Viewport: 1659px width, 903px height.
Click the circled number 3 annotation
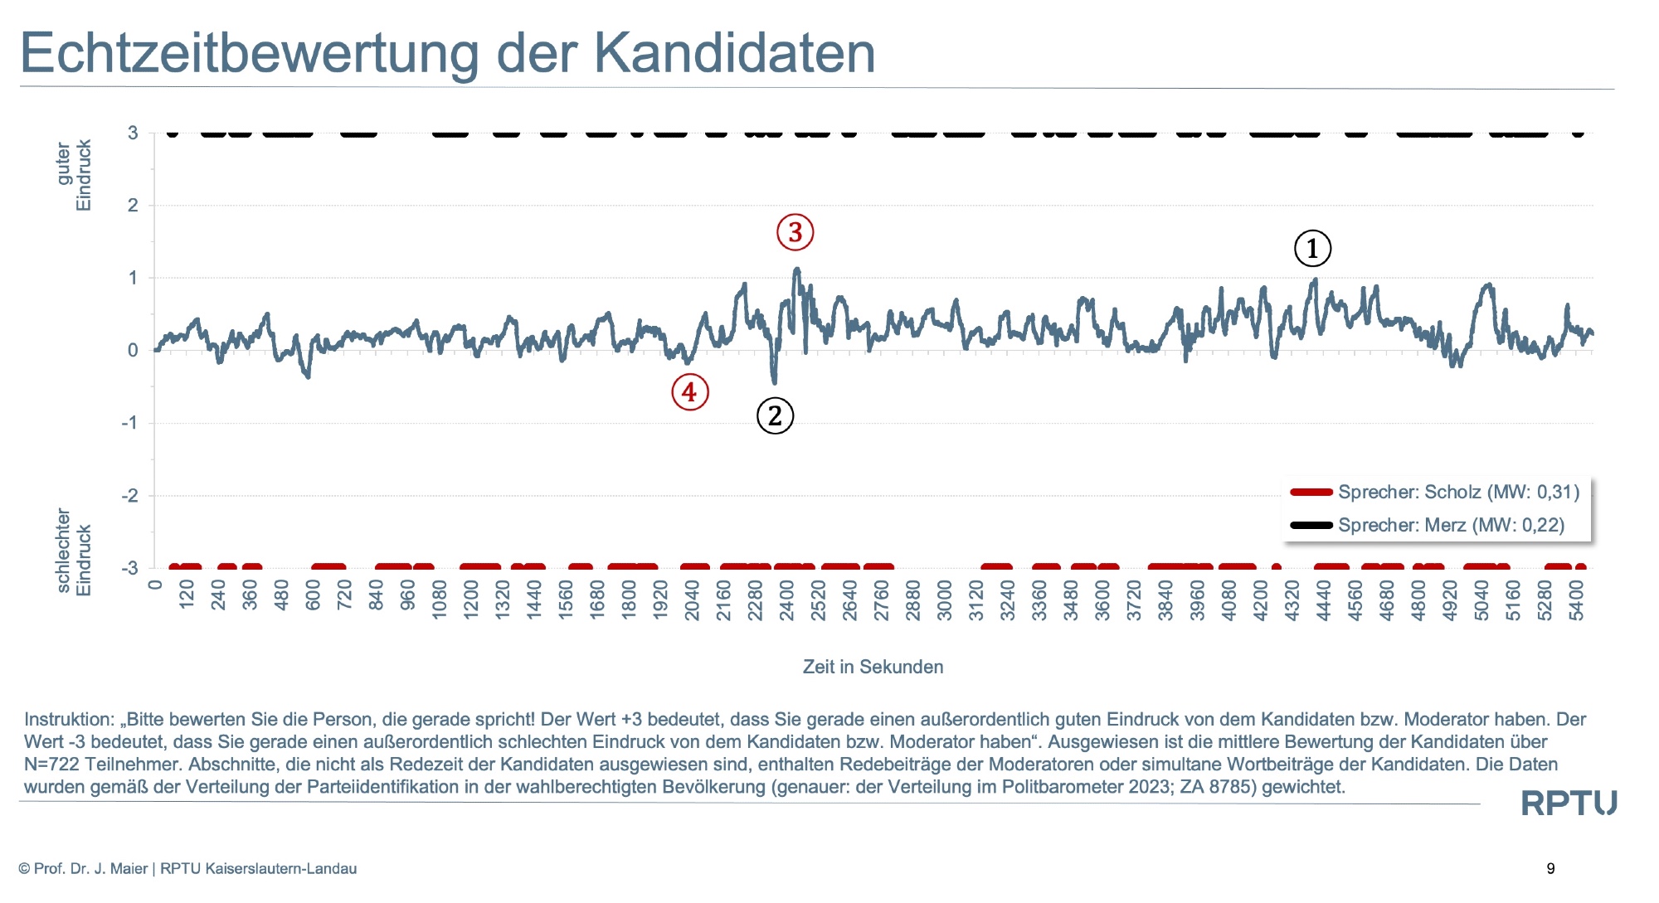pyautogui.click(x=795, y=232)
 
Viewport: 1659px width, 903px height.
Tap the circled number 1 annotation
pyautogui.click(x=1312, y=248)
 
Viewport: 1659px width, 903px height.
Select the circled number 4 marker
pyautogui.click(x=689, y=392)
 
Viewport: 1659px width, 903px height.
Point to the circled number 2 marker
pyautogui.click(x=775, y=415)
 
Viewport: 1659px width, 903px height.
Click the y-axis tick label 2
pyautogui.click(x=133, y=205)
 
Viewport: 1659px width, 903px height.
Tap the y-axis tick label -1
pyautogui.click(x=129, y=423)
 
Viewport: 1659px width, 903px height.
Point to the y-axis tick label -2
pyautogui.click(x=129, y=496)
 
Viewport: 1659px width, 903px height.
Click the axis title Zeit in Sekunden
pyautogui.click(x=873, y=667)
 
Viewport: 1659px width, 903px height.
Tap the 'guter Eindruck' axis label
pyautogui.click(x=74, y=175)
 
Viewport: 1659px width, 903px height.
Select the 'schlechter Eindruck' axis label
pyautogui.click(x=74, y=551)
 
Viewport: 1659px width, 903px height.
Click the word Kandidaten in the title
pyautogui.click(x=734, y=53)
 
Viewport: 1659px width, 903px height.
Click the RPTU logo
pyautogui.click(x=1568, y=803)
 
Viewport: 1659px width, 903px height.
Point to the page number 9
pyautogui.click(x=1550, y=868)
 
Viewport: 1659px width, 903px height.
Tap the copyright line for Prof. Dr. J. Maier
pyautogui.click(x=187, y=868)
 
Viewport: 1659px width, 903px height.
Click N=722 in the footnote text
pyautogui.click(x=52, y=764)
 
